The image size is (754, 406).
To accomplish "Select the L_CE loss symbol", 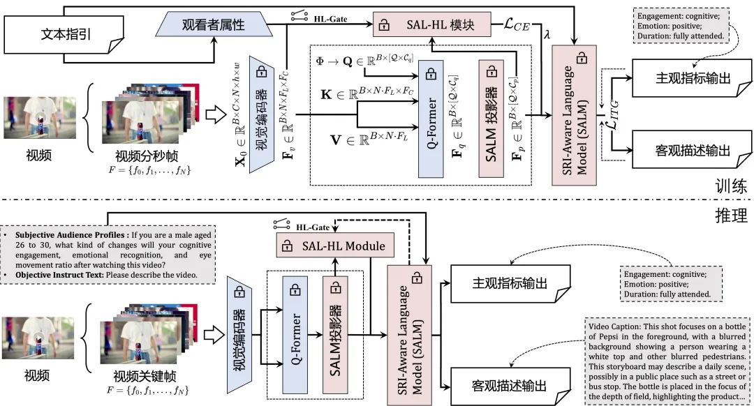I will coord(516,26).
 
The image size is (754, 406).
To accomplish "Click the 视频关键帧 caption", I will coord(144,377).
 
